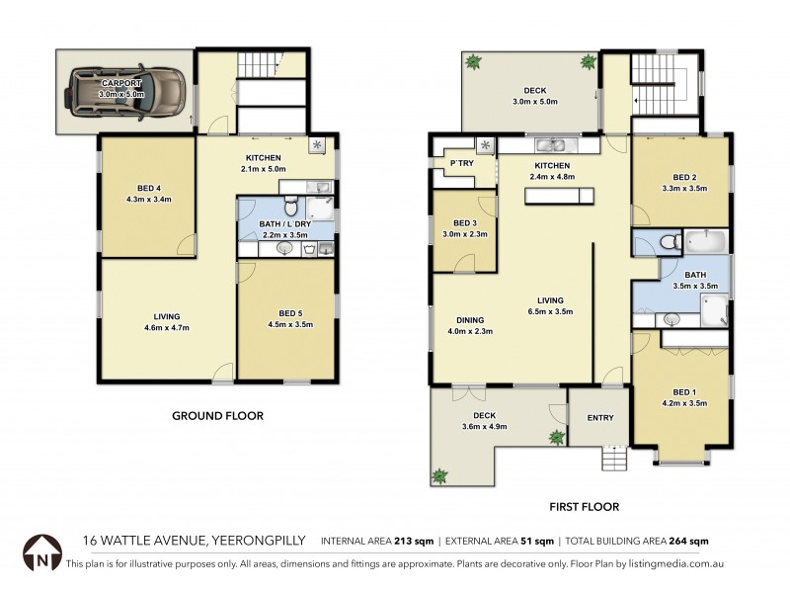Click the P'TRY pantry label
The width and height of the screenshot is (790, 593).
coord(459,163)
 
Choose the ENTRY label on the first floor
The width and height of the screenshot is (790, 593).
coord(600,417)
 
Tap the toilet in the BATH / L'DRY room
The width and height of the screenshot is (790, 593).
coord(290,209)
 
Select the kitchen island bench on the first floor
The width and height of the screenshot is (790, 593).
coord(561,196)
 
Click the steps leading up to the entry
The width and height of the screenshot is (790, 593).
coord(614,460)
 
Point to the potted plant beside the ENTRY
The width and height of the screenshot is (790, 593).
coord(556,436)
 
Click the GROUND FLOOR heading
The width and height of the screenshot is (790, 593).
coord(217,416)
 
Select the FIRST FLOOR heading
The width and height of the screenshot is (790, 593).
coord(584,507)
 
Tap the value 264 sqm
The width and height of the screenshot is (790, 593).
coord(691,542)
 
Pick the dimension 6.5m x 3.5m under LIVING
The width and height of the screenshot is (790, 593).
coord(549,312)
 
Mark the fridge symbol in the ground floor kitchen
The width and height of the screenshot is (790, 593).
coord(316,144)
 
